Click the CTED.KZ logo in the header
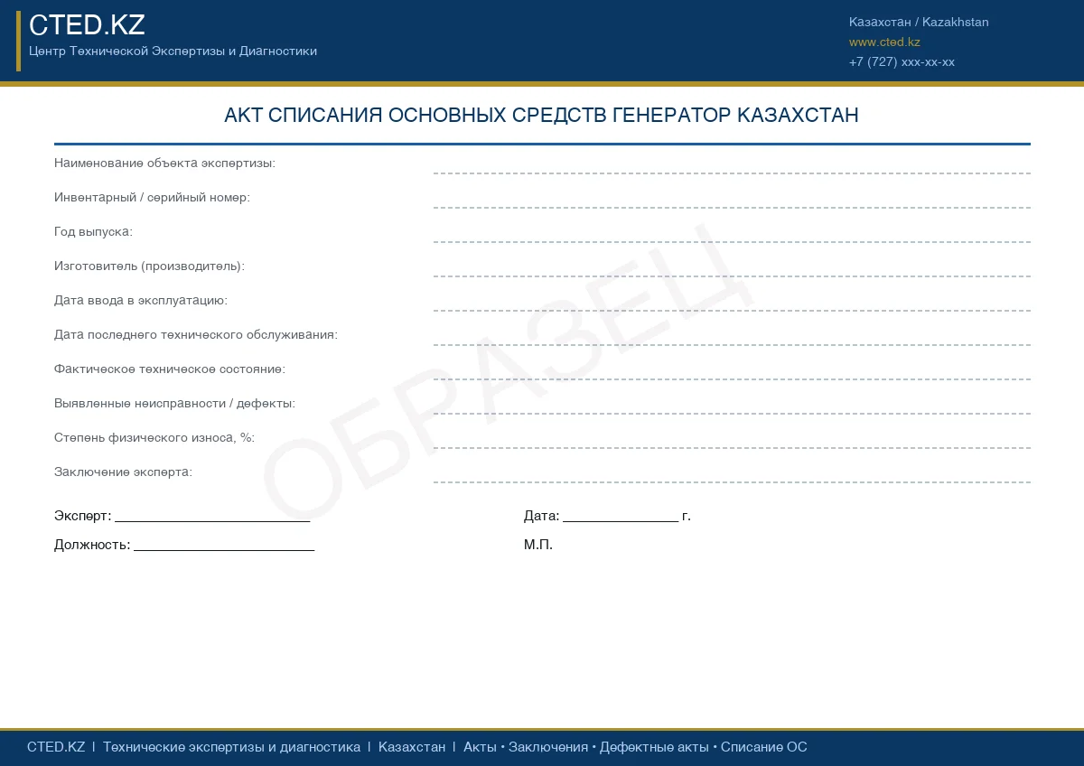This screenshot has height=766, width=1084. pos(87,25)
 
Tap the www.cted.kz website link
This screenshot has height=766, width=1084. pos(884,42)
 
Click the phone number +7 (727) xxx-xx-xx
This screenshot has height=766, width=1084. pos(902,62)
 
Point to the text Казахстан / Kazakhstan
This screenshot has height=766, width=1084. pos(919,23)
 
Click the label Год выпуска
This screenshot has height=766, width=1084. pos(93,232)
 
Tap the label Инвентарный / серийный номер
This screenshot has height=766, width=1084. pos(152,198)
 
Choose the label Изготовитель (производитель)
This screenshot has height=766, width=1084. pos(149,266)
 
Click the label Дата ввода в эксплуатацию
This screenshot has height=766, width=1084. pos(141,301)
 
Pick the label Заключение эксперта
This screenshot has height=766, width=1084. pos(123,472)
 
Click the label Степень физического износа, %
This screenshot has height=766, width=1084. pos(154,438)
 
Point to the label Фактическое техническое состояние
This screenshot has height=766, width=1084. pos(170,369)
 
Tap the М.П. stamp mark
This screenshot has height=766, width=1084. pos(538,546)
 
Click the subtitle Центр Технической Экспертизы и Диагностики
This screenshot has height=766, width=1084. pos(173,51)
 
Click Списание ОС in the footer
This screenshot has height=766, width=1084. pos(764,748)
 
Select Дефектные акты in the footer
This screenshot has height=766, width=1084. pos(654,748)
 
